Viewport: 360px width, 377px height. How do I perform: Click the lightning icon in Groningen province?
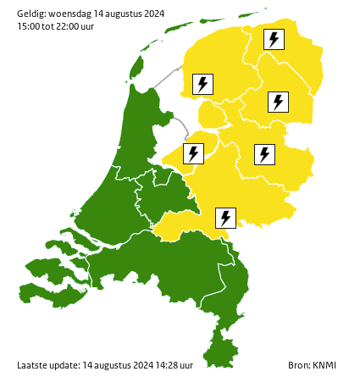274,40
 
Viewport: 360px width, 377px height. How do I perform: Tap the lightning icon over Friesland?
202,84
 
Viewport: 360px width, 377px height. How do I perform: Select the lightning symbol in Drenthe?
277,102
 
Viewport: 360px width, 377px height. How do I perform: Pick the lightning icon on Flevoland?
193,152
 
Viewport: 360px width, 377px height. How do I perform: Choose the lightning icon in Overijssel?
264,153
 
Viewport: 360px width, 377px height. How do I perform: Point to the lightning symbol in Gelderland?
225,218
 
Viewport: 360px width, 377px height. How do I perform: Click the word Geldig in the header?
31,13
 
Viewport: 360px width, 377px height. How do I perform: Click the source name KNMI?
324,365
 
